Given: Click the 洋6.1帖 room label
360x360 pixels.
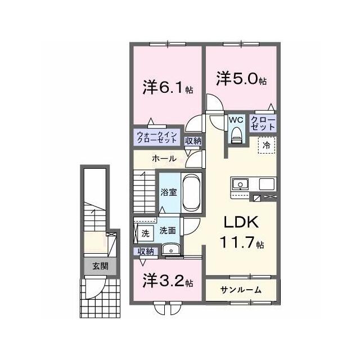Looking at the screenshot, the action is [168, 87].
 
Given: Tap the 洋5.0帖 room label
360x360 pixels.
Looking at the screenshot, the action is [241, 79].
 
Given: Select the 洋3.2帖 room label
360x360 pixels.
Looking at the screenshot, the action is [168, 281].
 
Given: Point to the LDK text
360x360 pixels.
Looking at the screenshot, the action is [241, 222].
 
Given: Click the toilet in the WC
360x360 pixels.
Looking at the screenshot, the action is [236, 136].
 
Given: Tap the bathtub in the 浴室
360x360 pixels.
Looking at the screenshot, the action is [192, 192].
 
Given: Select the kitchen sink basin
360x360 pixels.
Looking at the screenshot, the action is [240, 184].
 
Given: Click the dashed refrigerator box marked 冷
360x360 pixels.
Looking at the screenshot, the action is [267, 145].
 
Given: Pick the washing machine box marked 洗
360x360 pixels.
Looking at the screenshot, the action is [145, 233].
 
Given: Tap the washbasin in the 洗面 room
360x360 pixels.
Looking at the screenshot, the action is [171, 249].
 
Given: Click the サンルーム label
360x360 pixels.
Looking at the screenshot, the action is [241, 290].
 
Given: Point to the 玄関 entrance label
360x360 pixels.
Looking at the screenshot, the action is [100, 266].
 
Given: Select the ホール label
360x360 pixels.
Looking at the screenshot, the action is [164, 159].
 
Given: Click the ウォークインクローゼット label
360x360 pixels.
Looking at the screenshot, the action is [157, 137].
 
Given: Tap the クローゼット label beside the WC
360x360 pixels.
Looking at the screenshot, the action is [263, 123].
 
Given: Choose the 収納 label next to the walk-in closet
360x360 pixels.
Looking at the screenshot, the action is [193, 141].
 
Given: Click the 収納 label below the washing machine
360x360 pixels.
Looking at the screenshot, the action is [146, 251].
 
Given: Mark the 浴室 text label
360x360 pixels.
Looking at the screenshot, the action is [169, 192].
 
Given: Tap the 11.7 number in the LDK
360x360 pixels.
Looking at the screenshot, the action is [237, 242].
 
